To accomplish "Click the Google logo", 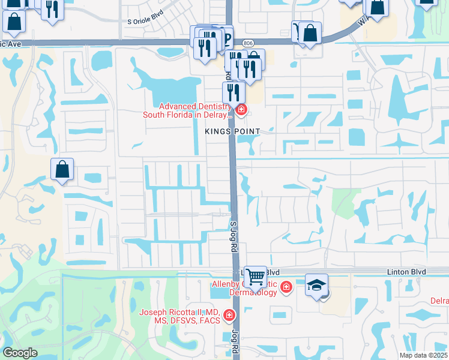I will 20,353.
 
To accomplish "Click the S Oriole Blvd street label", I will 145,21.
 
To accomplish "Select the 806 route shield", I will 248,43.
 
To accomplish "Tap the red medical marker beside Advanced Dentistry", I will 241,110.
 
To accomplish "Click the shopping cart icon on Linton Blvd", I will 255,277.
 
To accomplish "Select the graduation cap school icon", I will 316,284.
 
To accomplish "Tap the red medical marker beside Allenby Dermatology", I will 286,287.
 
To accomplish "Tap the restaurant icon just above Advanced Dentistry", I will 233,92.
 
